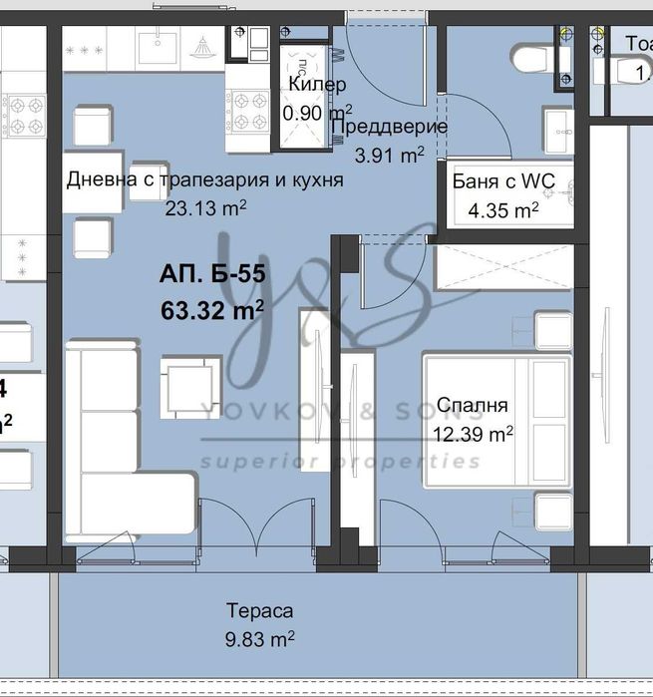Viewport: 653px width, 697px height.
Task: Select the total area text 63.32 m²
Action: (211, 309)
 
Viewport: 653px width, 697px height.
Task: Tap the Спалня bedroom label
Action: (472, 406)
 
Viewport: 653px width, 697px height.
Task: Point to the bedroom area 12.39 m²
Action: (474, 434)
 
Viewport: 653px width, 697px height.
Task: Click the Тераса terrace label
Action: (259, 611)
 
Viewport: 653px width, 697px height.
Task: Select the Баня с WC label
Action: (503, 181)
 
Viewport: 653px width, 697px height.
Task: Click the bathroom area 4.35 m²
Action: (503, 209)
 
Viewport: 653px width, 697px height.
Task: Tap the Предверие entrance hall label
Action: (388, 127)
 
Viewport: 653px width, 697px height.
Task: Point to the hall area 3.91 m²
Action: (390, 154)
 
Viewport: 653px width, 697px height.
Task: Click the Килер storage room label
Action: (317, 85)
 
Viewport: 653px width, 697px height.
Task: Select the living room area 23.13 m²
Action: (206, 208)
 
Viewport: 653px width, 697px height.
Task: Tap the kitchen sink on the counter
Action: (157, 46)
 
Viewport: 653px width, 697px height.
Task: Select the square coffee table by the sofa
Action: (189, 383)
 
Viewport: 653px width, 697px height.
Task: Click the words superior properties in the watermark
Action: (339, 462)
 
